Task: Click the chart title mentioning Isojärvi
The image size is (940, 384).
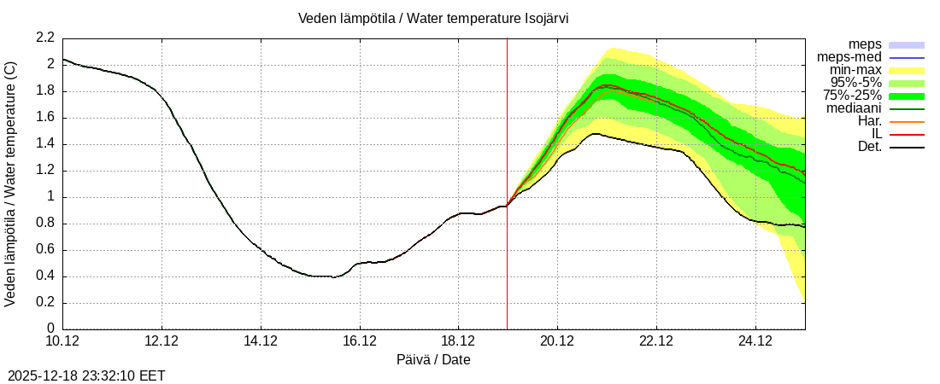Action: point(433,18)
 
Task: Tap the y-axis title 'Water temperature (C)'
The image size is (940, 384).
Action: point(11,183)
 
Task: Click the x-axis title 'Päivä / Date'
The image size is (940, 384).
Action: point(433,359)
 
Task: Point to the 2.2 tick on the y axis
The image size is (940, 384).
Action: point(45,38)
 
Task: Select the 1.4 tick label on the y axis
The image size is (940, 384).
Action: point(45,144)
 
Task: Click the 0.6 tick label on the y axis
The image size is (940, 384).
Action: point(45,250)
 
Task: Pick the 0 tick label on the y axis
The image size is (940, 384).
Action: point(50,329)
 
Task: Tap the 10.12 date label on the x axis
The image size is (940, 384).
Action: point(62,340)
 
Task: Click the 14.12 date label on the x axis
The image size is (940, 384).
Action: point(260,340)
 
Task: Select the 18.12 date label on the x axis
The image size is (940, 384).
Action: point(458,340)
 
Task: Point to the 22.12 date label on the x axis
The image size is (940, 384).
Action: point(655,340)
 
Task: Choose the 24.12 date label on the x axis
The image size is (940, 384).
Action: point(755,340)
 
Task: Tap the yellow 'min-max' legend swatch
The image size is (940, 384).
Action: point(907,70)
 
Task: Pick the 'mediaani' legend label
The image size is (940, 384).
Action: point(854,108)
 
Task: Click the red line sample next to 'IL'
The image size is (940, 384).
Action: point(907,134)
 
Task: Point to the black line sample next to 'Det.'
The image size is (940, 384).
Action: point(907,147)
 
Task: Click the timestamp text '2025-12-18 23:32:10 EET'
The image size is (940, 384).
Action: point(86,375)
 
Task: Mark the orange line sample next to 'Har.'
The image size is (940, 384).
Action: point(907,121)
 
